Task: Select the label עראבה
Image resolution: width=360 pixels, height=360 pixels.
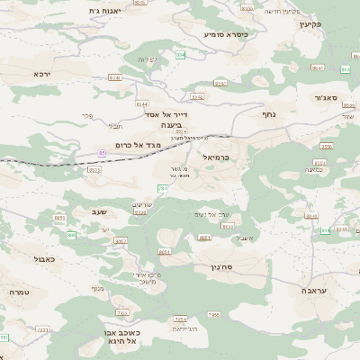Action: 322,291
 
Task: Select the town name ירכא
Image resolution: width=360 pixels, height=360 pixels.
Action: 42,74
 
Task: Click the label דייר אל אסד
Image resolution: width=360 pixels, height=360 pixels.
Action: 167,115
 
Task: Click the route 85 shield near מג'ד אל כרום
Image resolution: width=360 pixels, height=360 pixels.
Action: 102,153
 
